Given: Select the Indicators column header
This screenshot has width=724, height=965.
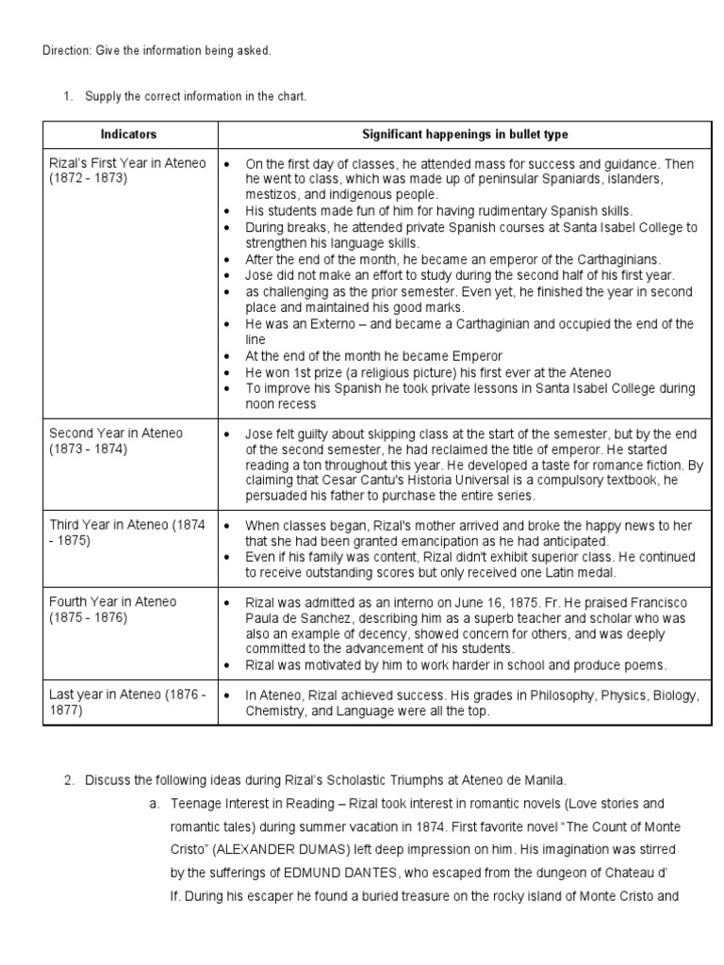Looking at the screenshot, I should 130,135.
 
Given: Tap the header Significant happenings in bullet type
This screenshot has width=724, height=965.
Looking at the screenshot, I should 466,135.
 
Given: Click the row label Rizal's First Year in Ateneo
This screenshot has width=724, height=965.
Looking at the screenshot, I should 126,163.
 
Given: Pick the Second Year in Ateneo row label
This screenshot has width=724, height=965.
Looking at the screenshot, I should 116,433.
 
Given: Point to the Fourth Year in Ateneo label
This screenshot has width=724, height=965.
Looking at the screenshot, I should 113,601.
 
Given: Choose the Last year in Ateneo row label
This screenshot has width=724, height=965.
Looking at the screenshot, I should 126,695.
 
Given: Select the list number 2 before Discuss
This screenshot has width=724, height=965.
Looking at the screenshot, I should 68,779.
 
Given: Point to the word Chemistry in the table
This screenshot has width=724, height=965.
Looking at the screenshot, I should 275,711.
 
